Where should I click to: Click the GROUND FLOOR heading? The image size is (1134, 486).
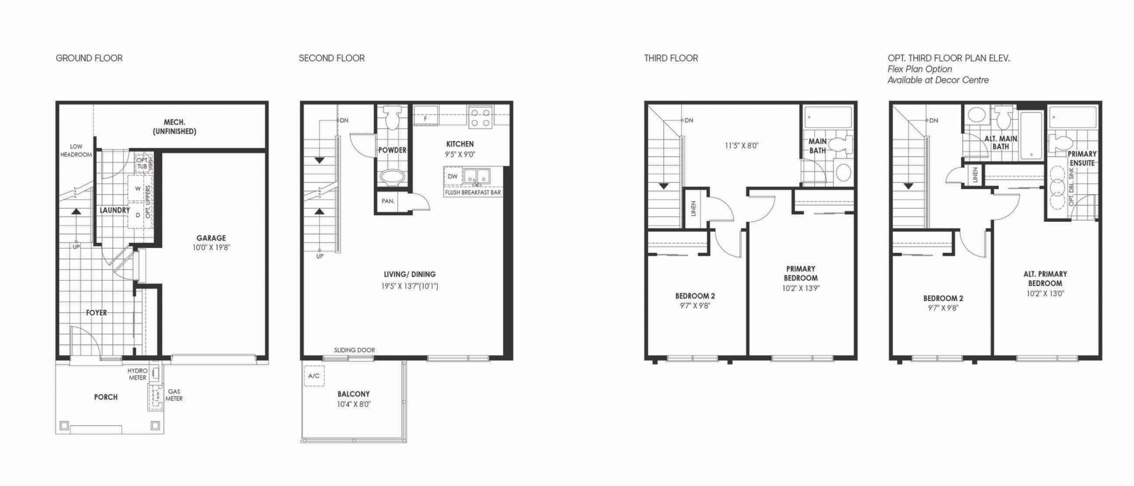pyautogui.click(x=89, y=58)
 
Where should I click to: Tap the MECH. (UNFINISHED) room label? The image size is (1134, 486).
pyautogui.click(x=174, y=126)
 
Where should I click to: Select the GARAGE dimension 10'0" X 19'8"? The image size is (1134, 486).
pyautogui.click(x=211, y=247)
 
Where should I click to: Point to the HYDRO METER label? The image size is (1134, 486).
pyautogui.click(x=137, y=374)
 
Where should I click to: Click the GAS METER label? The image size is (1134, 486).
pyautogui.click(x=174, y=395)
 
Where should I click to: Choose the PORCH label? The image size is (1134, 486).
pyautogui.click(x=106, y=397)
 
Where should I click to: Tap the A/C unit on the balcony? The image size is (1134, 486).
pyautogui.click(x=314, y=376)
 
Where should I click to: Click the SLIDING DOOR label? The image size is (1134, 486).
pyautogui.click(x=354, y=350)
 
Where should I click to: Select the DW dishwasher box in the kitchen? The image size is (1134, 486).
pyautogui.click(x=453, y=176)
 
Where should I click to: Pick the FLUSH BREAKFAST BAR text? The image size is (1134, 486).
pyautogui.click(x=473, y=192)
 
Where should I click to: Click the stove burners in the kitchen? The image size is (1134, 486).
pyautogui.click(x=480, y=117)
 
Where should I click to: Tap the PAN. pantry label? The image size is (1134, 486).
pyautogui.click(x=388, y=201)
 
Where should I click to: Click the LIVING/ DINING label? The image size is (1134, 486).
pyautogui.click(x=410, y=274)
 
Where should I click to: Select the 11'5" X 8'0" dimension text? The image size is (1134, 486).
pyautogui.click(x=742, y=145)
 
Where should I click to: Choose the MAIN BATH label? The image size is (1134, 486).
pyautogui.click(x=818, y=146)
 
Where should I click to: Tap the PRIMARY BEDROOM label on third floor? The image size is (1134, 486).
pyautogui.click(x=800, y=273)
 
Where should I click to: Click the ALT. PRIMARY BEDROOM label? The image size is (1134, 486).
pyautogui.click(x=1045, y=278)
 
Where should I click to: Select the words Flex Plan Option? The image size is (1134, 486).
pyautogui.click(x=920, y=69)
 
